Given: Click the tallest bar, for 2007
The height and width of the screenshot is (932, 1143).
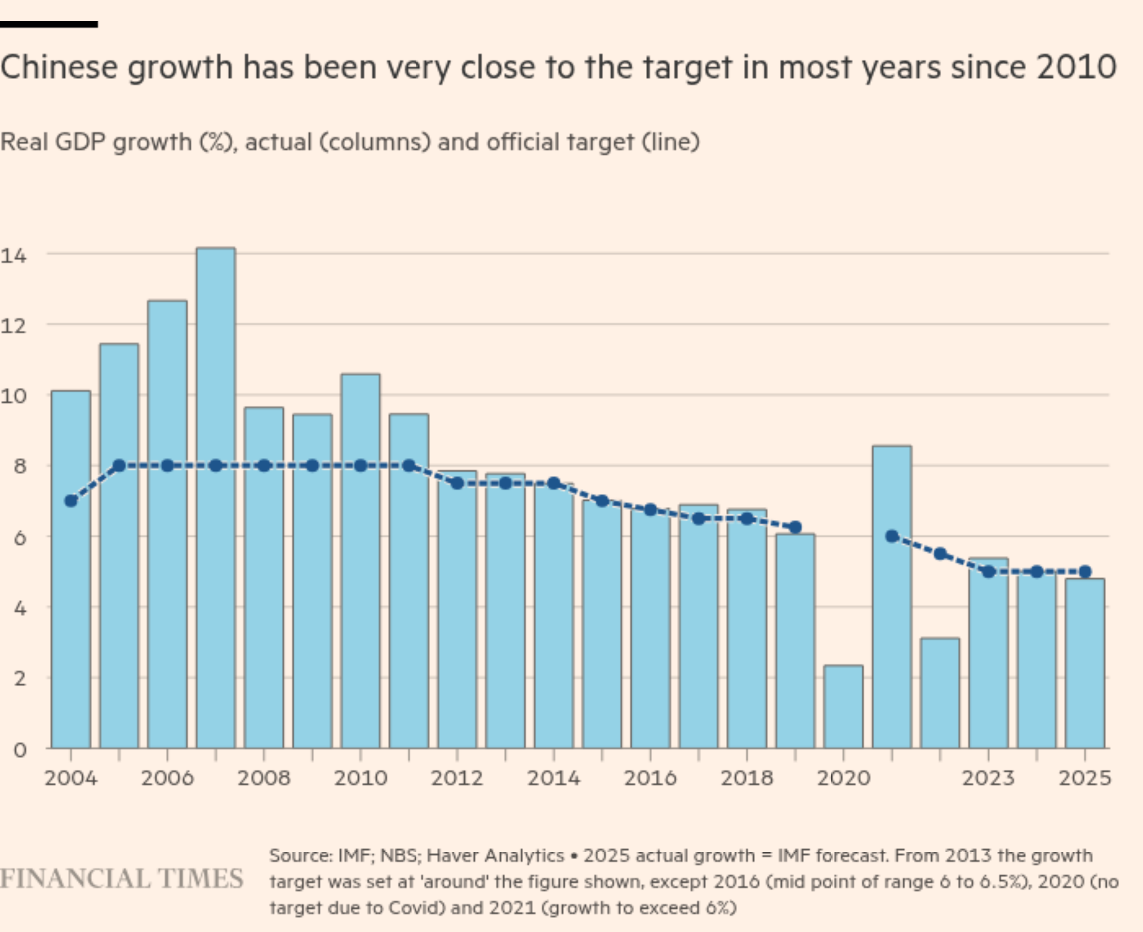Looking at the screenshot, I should (216, 499).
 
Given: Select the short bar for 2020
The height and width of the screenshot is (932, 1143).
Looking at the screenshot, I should (843, 708).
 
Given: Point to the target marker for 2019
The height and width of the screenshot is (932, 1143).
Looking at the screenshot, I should (796, 527).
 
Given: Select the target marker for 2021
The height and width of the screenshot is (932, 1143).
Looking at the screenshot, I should (892, 536).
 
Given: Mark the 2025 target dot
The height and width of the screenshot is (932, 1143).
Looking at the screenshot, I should (1085, 572).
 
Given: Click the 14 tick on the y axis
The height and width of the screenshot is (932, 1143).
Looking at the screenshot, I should (13, 255).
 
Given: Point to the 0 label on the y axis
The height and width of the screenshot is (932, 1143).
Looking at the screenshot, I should (20, 750).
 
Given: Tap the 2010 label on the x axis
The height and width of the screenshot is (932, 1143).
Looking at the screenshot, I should (360, 778).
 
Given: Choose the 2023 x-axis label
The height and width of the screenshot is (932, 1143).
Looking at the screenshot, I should (988, 778).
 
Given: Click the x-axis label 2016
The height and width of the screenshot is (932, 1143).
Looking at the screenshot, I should (650, 778).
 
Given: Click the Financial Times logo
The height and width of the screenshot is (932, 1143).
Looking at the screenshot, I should (121, 879).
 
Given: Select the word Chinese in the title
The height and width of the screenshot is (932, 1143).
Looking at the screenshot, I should (59, 68).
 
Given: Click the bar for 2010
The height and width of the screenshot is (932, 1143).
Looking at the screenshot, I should (360, 561).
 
